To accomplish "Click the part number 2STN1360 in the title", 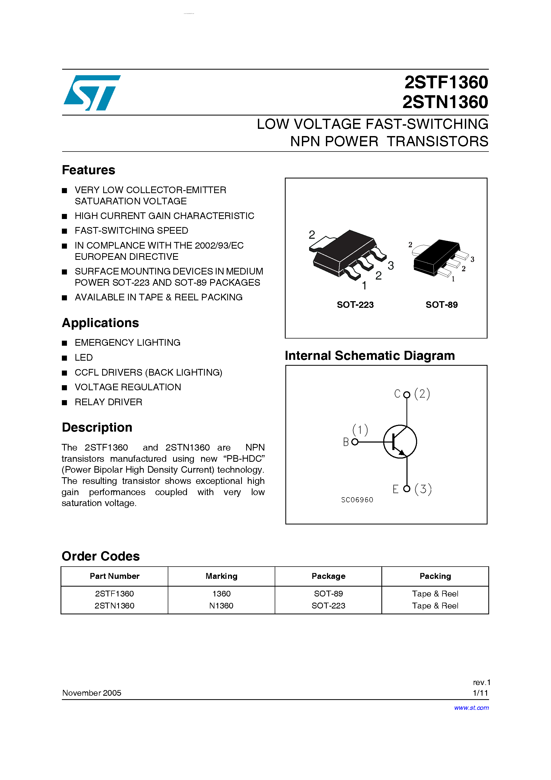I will click(445, 102).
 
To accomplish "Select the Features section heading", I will click(88, 170).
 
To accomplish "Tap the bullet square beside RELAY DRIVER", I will click(65, 403).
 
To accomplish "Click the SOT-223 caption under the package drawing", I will click(355, 305).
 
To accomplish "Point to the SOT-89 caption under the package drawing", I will click(441, 305).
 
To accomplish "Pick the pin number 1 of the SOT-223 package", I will click(364, 285).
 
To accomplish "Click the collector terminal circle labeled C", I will click(407, 395).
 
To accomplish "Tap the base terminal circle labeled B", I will click(355, 442).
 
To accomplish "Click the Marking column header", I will click(221, 576).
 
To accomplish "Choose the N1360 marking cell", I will click(221, 606).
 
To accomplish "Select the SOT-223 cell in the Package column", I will click(328, 606).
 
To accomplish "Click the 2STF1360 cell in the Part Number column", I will click(114, 594).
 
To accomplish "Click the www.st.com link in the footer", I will click(471, 708).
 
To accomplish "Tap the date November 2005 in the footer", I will click(92, 693).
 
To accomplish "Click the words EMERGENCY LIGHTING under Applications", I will click(127, 343).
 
